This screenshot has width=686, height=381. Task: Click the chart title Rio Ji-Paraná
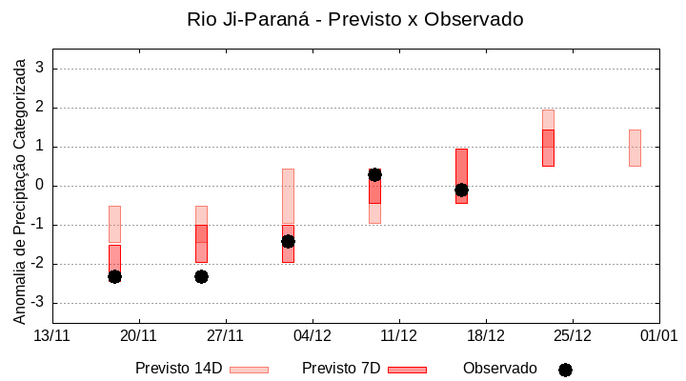tap(354, 19)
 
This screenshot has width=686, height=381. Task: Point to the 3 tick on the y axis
tap(40, 69)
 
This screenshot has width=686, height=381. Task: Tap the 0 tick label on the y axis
tap(40, 186)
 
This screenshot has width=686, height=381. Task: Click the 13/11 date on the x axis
tap(51, 335)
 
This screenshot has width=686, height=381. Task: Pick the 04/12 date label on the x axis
tap(312, 335)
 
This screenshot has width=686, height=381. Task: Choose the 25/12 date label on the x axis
tap(572, 335)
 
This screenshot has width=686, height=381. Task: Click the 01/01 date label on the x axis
tap(658, 335)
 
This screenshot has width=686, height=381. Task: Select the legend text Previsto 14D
tap(179, 369)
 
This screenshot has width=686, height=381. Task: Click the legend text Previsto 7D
tap(341, 369)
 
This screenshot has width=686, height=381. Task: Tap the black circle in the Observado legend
tap(565, 370)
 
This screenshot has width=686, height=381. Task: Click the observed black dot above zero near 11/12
tap(375, 174)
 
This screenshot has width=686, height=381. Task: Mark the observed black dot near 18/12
tap(461, 190)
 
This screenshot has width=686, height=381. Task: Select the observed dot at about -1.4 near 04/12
tap(288, 241)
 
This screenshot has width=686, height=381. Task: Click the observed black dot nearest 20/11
tap(114, 276)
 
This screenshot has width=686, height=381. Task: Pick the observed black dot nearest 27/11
tap(201, 276)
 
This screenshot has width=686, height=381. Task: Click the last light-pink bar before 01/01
tap(635, 148)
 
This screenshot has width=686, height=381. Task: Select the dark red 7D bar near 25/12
tap(548, 148)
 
